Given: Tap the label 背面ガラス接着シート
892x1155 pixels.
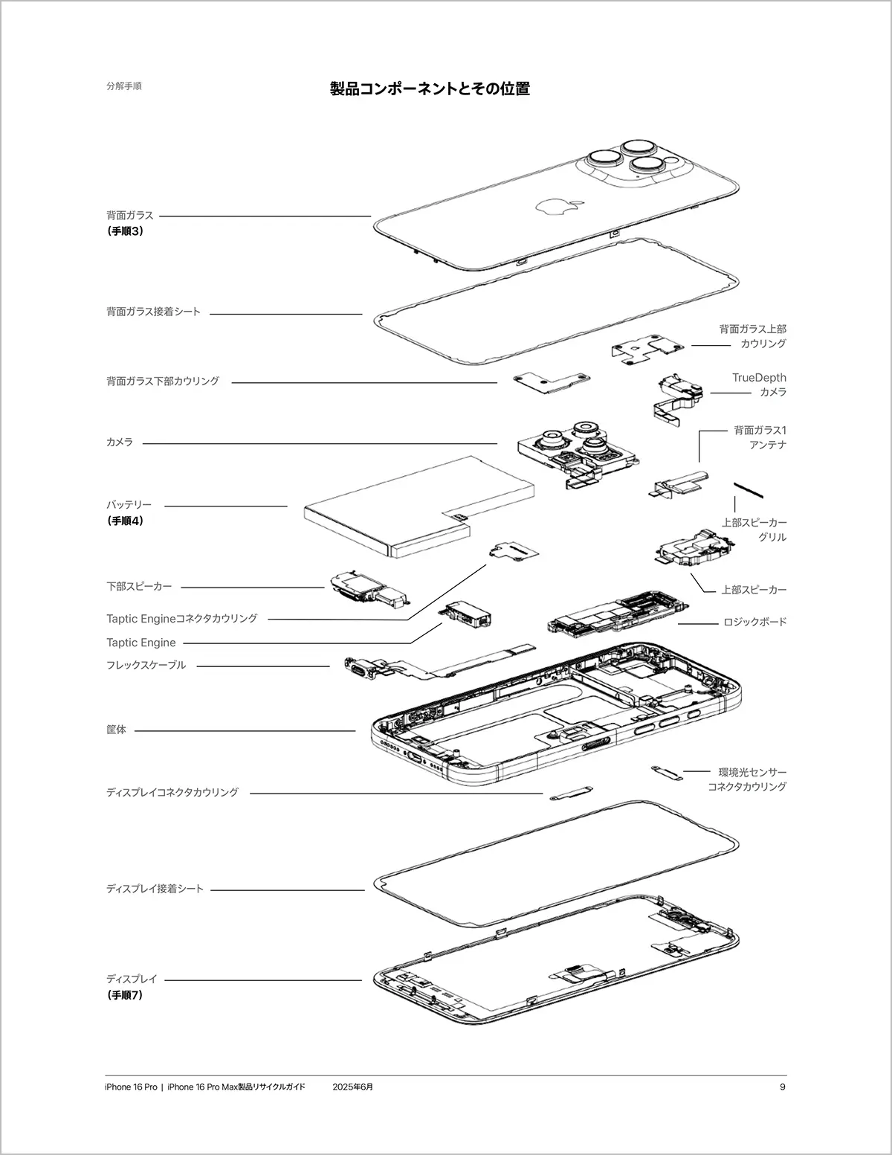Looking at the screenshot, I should tap(153, 312).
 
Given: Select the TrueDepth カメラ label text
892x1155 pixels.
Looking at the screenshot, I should tap(758, 385).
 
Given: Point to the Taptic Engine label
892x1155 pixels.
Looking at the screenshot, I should tap(140, 643).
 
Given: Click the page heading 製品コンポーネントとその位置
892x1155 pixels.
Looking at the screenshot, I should tap(430, 89).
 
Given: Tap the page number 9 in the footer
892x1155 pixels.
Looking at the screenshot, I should tap(782, 1087).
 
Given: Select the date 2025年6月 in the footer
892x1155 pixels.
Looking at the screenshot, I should tap(353, 1087).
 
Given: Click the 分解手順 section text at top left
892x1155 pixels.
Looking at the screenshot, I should tap(123, 86).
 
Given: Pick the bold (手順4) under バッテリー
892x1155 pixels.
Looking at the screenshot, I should tap(125, 521).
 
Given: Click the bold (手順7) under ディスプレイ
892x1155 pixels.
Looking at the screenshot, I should tap(125, 995).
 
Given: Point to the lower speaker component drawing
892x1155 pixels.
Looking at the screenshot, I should tap(368, 588).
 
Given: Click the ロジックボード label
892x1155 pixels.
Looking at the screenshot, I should tap(754, 622).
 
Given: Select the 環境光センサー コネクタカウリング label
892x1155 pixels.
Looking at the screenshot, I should tap(746, 779).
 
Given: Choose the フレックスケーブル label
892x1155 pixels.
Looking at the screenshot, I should tap(146, 665).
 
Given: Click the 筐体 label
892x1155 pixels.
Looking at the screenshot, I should tap(116, 730).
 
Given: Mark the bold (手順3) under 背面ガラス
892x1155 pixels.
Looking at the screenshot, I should tap(125, 231).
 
